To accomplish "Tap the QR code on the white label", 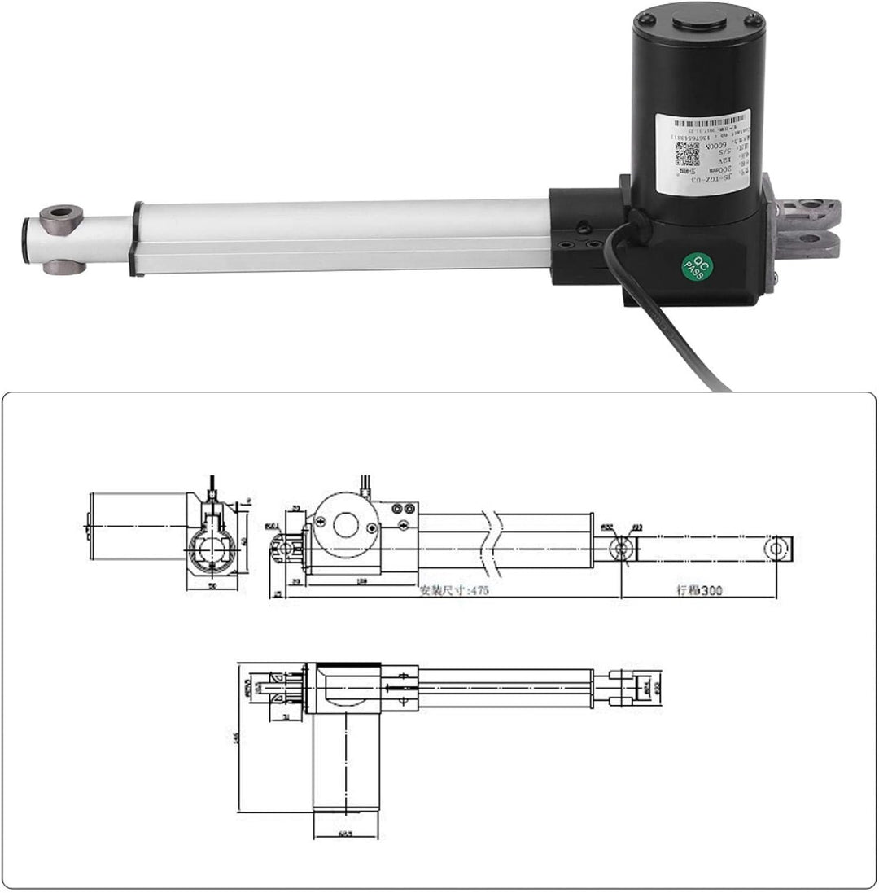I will point(687,154).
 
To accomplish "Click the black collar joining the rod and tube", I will point(137,239).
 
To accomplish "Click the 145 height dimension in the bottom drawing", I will point(235,737).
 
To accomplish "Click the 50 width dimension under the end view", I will point(212,584).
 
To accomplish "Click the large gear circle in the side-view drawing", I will point(345,525).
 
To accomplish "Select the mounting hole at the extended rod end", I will point(776,549).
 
